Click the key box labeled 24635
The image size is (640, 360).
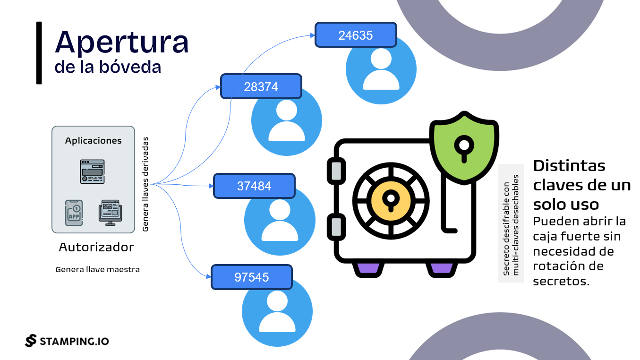click(356, 35)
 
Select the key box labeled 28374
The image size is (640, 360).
click(261, 86)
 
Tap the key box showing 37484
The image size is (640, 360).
click(254, 186)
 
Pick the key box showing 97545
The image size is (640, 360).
click(251, 277)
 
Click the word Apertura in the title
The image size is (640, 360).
click(122, 43)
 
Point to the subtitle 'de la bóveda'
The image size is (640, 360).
click(108, 67)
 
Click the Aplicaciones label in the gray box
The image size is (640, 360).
click(93, 141)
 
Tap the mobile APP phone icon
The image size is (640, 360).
click(74, 213)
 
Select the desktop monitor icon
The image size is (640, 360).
click(110, 213)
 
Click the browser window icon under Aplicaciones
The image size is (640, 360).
click(93, 171)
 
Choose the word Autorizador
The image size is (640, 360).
click(96, 247)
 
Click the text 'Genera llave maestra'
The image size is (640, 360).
click(97, 270)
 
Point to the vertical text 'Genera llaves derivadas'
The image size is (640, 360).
click(145, 184)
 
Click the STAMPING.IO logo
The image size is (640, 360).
click(67, 341)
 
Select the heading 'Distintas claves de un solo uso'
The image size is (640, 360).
click(581, 185)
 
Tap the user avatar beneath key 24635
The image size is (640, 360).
click(381, 70)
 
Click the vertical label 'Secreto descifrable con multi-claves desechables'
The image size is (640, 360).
click(511, 225)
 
